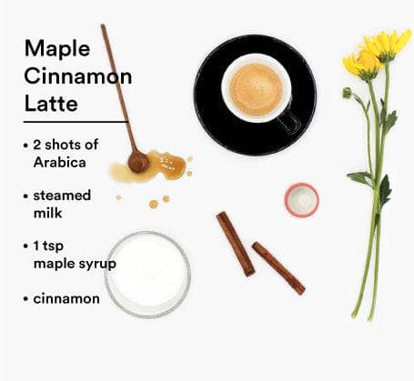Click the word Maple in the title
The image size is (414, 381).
pos(57,49)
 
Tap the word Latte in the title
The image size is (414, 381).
pos(51,104)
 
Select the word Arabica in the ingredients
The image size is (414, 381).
pos(60,163)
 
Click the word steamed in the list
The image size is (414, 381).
pos(62,196)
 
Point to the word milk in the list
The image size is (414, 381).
pos(47,213)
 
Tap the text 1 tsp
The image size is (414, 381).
pos(48,246)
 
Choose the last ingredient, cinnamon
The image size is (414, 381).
pos(66,299)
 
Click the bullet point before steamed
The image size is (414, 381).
pos(25,196)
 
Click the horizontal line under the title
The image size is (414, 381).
pos(76,122)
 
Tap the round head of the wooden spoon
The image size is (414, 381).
pos(138,163)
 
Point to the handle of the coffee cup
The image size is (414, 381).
pos(288,121)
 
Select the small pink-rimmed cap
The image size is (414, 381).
pos(302,200)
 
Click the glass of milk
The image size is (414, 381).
pos(147,275)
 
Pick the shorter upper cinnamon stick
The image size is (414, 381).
pos(236,244)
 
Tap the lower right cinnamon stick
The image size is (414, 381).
pos(278,268)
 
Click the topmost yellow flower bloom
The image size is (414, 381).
pos(387,45)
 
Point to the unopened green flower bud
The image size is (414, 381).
pos(347,93)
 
